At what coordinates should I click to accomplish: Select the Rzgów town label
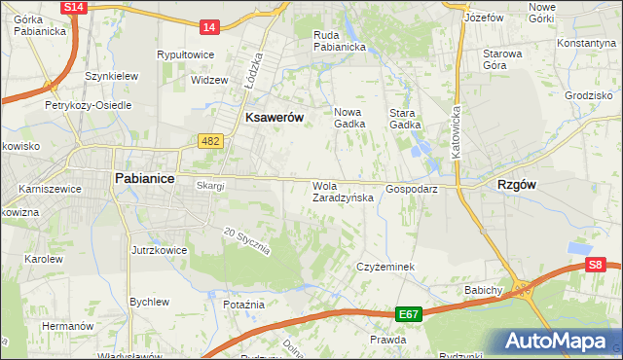[x=518, y=183]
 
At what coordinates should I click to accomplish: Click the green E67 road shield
[x=409, y=314]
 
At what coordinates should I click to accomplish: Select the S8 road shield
[x=596, y=264]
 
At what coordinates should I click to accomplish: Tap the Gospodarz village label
[x=411, y=189]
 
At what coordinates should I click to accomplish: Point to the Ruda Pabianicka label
[x=339, y=41]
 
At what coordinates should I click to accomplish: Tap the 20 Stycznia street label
[x=245, y=240]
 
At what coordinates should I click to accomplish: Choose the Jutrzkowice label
[x=158, y=250]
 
